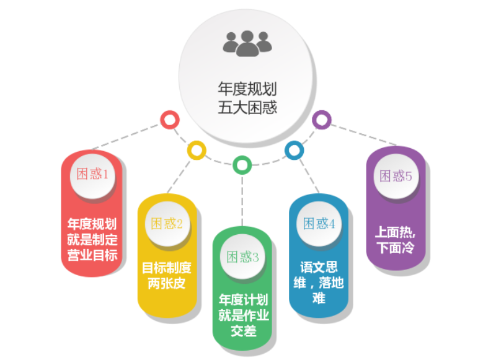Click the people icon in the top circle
tap(247, 43)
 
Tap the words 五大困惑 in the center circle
tap(247, 107)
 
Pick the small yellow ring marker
tap(197, 150)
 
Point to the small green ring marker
tap(242, 165)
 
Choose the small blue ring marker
tap(294, 149)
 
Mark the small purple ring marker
tap(321, 120)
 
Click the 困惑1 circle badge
tap(92, 174)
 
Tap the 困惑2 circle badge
tap(167, 224)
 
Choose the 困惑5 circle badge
tap(396, 176)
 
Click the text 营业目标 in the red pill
tap(92, 255)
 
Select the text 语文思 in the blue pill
tap(319, 268)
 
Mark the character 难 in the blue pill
tap(319, 299)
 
